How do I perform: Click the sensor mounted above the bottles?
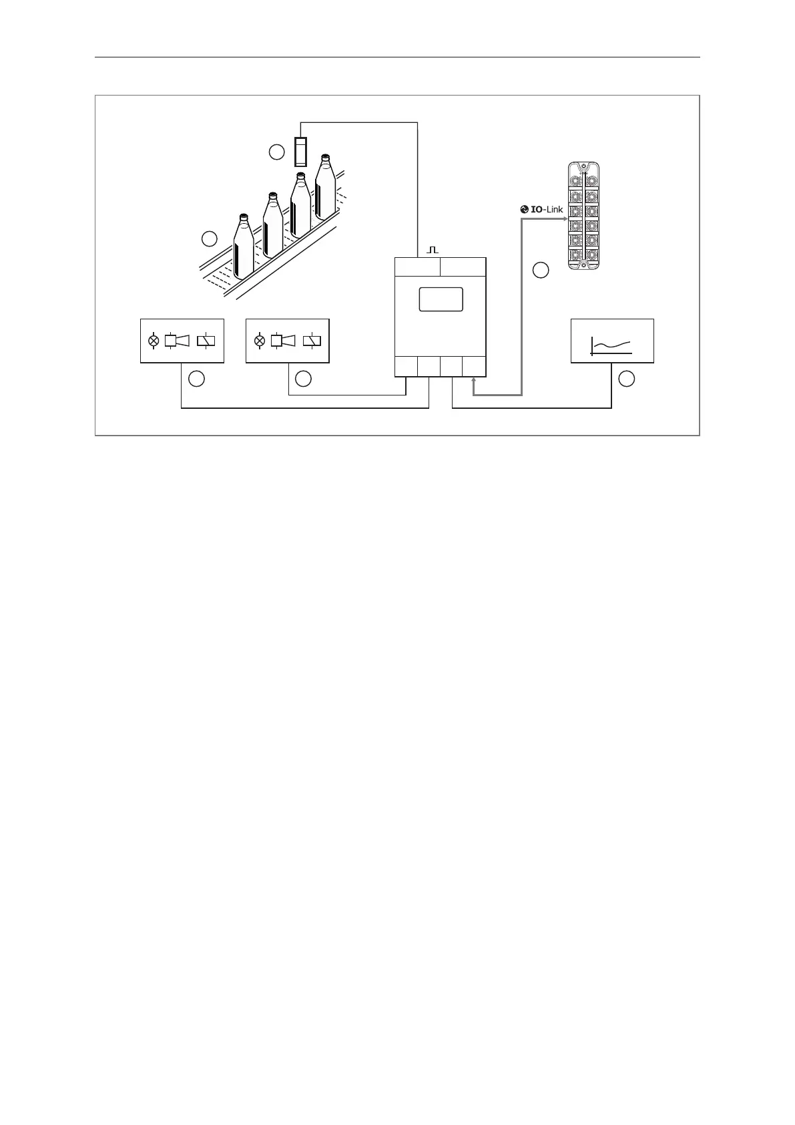point(301,151)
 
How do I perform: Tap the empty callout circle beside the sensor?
point(277,152)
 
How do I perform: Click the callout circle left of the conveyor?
point(210,238)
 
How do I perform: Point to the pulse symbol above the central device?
point(433,249)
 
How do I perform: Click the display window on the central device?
point(441,299)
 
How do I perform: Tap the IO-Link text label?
point(547,209)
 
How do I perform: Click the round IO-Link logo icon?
point(524,209)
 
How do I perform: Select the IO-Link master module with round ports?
point(583,216)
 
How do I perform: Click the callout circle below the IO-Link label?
point(541,271)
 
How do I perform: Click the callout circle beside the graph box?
point(626,379)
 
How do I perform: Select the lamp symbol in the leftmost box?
point(154,341)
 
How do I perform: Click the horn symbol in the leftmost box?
point(177,341)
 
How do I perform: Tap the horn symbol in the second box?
point(283,341)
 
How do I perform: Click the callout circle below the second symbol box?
point(303,379)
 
